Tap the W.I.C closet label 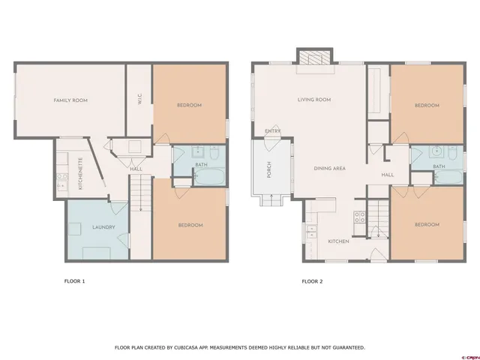(140, 99)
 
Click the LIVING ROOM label (315, 99)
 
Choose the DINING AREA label (329, 169)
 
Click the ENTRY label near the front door (272, 131)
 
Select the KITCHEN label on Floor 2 (339, 241)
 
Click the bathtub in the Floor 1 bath (207, 177)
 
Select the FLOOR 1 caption (75, 281)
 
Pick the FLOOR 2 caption (312, 281)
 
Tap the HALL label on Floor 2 (387, 175)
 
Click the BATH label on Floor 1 (201, 163)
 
